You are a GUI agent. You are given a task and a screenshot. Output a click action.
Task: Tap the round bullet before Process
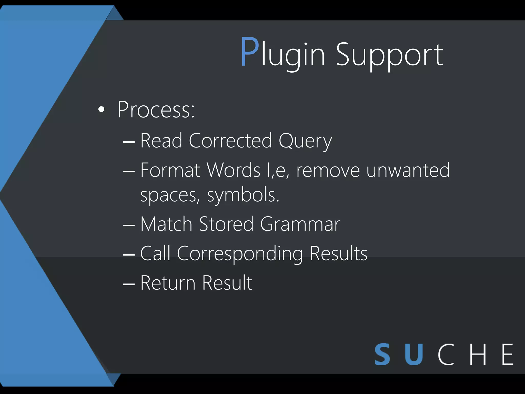pos(101,110)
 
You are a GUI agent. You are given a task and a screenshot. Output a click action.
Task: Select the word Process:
pos(156,110)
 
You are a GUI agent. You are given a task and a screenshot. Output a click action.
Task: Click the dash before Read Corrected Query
pos(129,141)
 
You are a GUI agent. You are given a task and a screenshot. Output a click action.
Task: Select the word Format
pos(170,170)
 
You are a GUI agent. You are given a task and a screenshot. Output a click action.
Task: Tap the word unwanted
pos(408,170)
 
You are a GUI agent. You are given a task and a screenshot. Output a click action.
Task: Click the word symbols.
pos(243,195)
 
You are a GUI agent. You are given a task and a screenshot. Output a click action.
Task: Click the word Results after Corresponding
pos(338,253)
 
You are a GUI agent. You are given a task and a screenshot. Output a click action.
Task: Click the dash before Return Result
pos(129,284)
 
